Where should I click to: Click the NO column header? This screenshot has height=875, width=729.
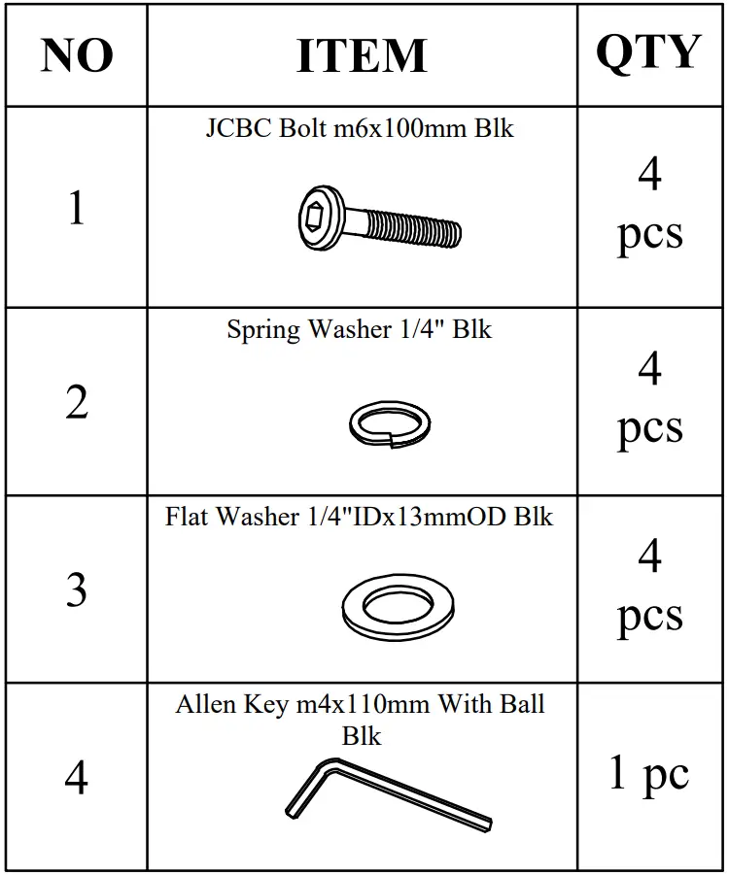[x=77, y=55]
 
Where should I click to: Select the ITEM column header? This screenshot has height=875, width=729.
[x=362, y=55]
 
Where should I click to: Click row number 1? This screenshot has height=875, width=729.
[x=77, y=208]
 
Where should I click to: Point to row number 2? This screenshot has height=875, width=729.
[x=77, y=402]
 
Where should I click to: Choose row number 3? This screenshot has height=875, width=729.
[x=77, y=589]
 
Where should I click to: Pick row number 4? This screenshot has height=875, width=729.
[x=77, y=777]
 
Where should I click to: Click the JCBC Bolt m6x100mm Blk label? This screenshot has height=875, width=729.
[x=360, y=129]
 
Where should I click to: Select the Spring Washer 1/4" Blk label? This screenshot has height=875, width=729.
[x=360, y=329]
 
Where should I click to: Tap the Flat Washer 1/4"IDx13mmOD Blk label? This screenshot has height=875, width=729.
[x=359, y=517]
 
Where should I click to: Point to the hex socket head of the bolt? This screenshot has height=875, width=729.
[x=318, y=219]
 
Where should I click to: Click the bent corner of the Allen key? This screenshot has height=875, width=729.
[x=327, y=766]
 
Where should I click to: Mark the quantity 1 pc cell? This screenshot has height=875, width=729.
[x=648, y=774]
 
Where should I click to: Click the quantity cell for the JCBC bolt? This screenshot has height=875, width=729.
[x=648, y=206]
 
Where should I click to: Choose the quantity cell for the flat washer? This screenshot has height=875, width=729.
[x=648, y=588]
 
